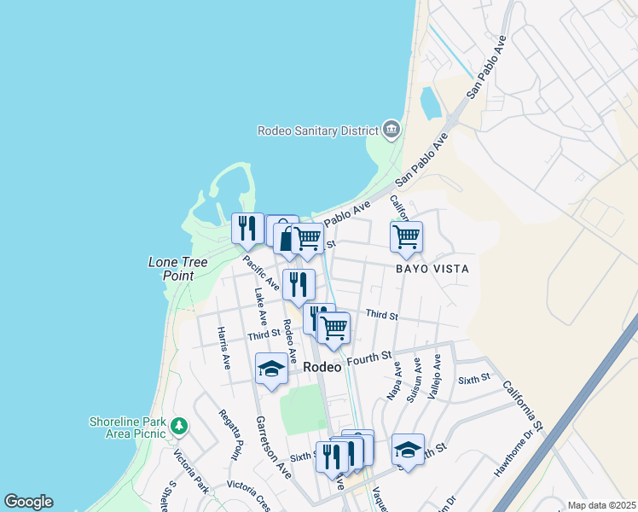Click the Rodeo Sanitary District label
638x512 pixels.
pyautogui.click(x=318, y=131)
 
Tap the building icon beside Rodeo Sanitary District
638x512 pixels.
pyautogui.click(x=391, y=130)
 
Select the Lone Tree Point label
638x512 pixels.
pyautogui.click(x=178, y=269)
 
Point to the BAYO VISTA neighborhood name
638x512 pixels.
pyautogui.click(x=432, y=268)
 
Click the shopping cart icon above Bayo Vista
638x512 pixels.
pyautogui.click(x=406, y=236)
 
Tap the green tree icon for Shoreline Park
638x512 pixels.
pyautogui.click(x=178, y=425)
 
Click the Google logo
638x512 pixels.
pyautogui.click(x=28, y=502)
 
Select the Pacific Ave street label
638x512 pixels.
pyautogui.click(x=260, y=271)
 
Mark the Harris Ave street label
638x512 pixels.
pyautogui.click(x=223, y=347)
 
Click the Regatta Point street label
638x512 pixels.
pyautogui.click(x=236, y=439)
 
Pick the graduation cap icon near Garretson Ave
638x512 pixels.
pyautogui.click(x=271, y=369)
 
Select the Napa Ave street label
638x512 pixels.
pyautogui.click(x=394, y=379)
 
